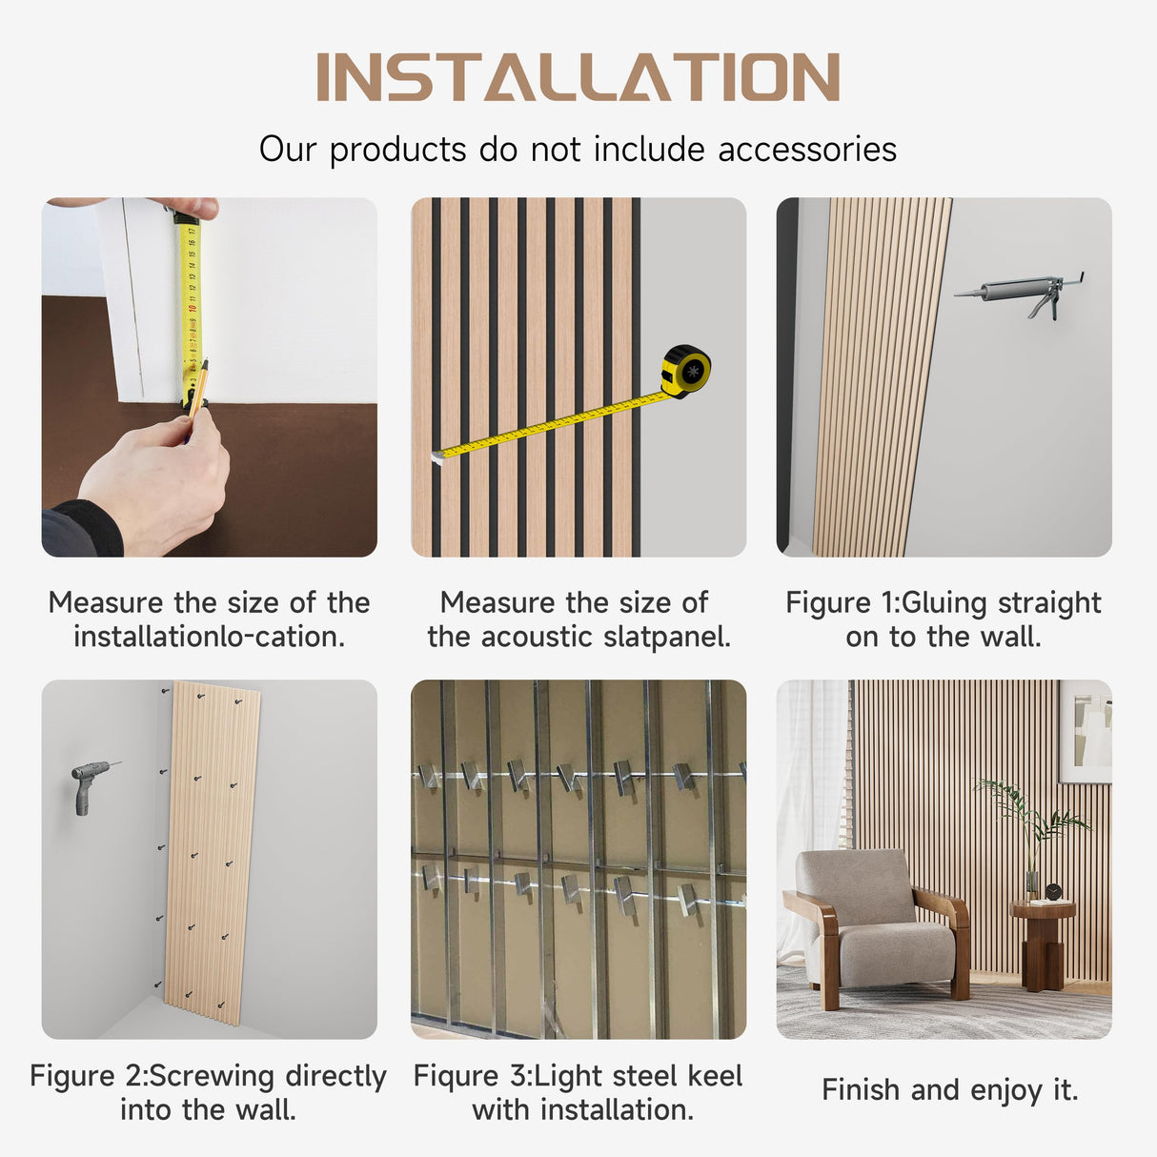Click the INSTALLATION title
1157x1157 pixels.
click(x=578, y=76)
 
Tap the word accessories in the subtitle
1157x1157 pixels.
click(x=807, y=149)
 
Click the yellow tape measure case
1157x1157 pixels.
click(x=686, y=371)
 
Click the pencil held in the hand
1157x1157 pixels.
click(x=198, y=389)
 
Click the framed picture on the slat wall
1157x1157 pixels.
click(x=1085, y=731)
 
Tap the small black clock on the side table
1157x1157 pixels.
click(x=1052, y=892)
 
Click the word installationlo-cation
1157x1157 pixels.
click(x=209, y=637)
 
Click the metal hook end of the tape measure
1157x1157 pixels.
click(x=436, y=457)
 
